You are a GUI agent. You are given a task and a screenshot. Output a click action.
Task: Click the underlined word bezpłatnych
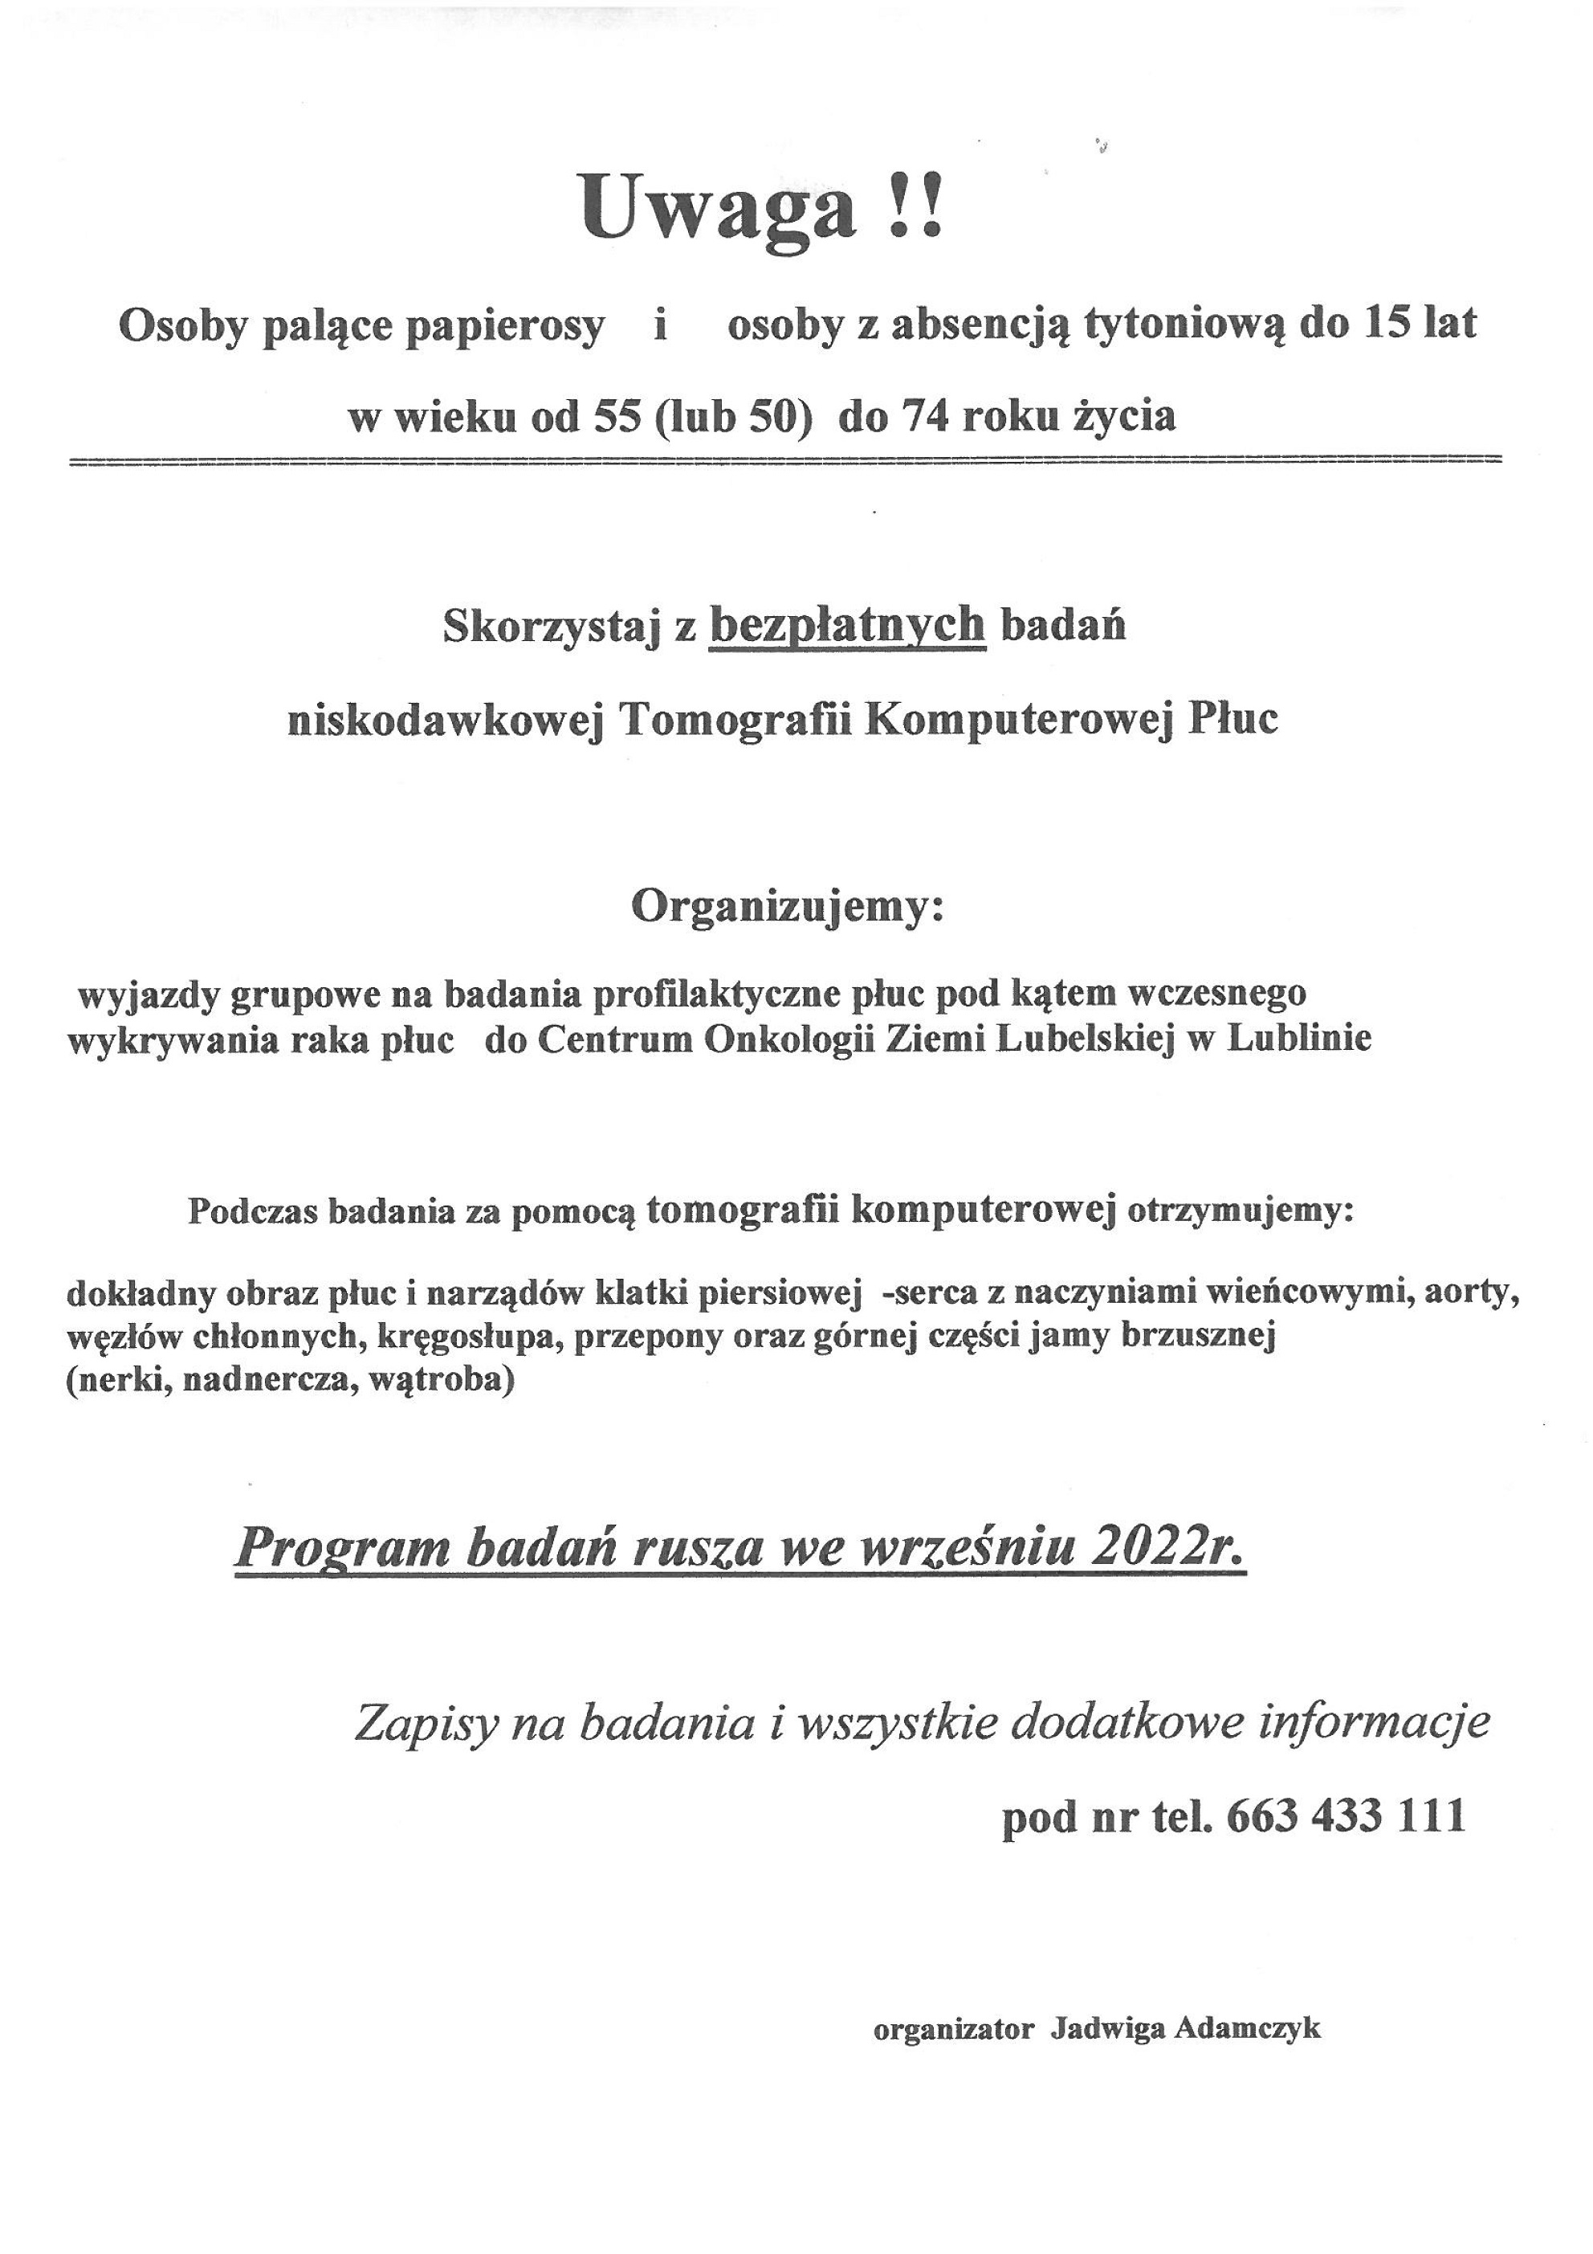[847, 625]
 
